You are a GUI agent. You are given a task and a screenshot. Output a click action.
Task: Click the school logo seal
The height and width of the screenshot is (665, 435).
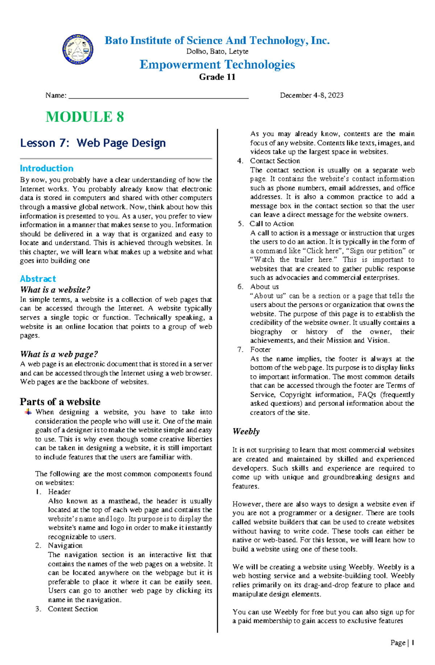78,50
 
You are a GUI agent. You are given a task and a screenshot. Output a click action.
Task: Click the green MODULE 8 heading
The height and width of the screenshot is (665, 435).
85,117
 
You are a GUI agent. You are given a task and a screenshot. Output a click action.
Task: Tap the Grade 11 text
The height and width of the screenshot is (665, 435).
217,77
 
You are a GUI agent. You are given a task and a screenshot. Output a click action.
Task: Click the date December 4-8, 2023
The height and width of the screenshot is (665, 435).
311,95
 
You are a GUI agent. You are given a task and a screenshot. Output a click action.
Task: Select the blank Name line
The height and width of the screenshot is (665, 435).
158,96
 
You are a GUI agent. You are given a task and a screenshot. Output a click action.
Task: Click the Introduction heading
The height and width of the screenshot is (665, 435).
46,168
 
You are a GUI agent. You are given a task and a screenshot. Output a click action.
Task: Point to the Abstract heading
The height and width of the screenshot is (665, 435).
38,279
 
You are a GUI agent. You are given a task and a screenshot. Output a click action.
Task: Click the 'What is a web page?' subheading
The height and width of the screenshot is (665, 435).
59,354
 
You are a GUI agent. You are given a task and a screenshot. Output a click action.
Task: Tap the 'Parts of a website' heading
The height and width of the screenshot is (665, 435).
60,402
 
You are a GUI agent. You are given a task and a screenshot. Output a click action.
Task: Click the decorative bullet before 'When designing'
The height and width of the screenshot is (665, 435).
28,412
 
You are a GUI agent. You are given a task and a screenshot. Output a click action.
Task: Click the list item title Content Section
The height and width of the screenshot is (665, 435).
73,609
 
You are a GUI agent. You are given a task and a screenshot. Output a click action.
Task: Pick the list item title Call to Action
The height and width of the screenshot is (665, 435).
272,224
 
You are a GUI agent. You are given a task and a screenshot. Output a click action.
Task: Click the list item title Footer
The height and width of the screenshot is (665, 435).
260,349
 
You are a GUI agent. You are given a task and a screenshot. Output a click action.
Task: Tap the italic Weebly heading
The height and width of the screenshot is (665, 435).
246,431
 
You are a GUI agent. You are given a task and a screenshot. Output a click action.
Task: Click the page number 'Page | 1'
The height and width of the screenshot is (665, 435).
402,643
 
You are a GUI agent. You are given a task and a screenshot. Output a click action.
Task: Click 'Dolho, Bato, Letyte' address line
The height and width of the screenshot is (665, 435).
217,51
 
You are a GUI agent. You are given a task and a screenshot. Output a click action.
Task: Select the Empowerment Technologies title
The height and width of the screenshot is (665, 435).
217,65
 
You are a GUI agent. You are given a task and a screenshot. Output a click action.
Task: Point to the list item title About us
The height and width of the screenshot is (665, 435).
264,286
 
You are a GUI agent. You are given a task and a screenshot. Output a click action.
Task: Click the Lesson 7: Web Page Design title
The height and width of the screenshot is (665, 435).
93,143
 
